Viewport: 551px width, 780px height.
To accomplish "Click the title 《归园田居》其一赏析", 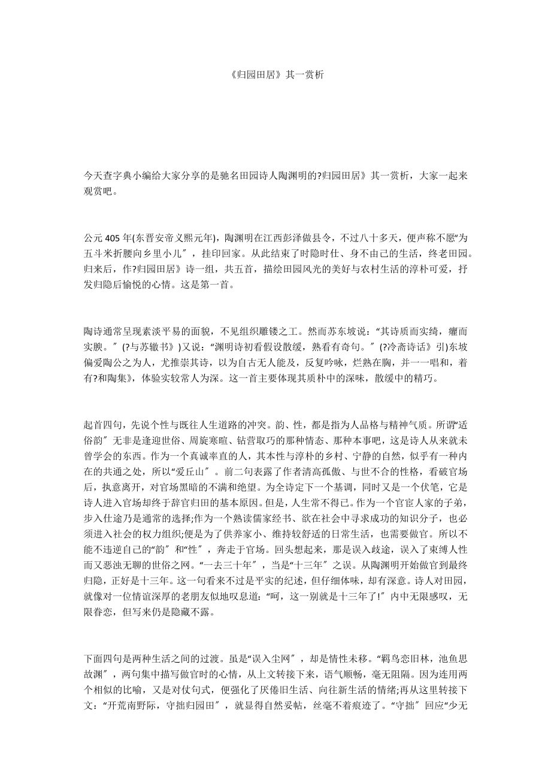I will click(x=276, y=75).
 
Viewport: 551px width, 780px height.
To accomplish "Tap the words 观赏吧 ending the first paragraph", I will click(x=98, y=192).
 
